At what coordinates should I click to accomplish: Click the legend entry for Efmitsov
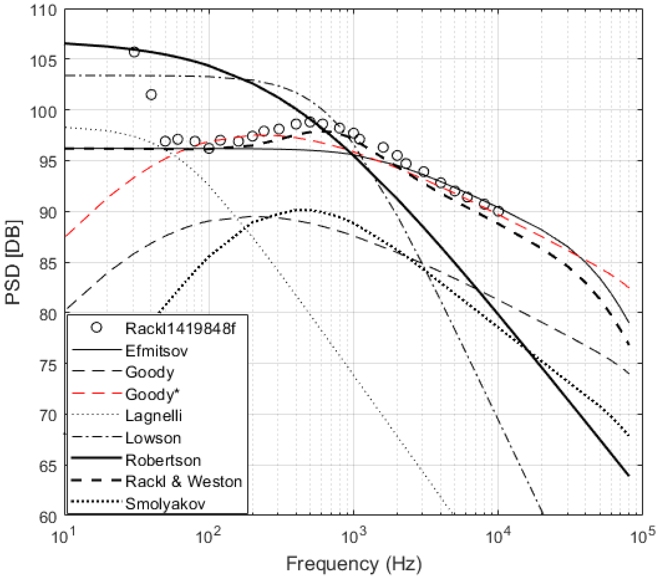156,351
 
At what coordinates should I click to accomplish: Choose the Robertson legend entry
163,460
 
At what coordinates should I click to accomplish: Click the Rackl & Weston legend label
183,482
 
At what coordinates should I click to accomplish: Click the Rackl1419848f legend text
180,329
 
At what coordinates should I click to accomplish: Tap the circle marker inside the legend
96,328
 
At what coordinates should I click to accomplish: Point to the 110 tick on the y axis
43,11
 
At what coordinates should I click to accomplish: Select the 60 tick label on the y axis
48,517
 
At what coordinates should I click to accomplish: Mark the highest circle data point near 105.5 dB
134,52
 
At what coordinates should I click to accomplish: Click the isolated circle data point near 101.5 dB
151,95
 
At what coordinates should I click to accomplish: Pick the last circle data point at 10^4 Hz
498,211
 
